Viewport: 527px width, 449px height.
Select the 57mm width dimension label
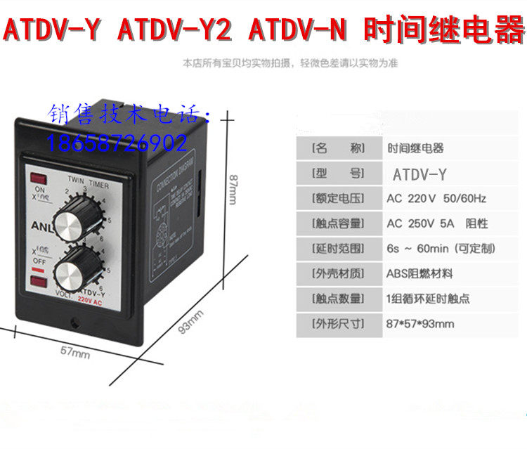click(76, 353)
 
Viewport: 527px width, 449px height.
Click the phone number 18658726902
click(117, 144)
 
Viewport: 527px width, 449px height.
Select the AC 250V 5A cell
click(437, 223)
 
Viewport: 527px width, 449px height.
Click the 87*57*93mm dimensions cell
click(420, 324)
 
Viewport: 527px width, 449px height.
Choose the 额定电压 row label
click(337, 198)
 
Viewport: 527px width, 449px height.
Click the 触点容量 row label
click(337, 223)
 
